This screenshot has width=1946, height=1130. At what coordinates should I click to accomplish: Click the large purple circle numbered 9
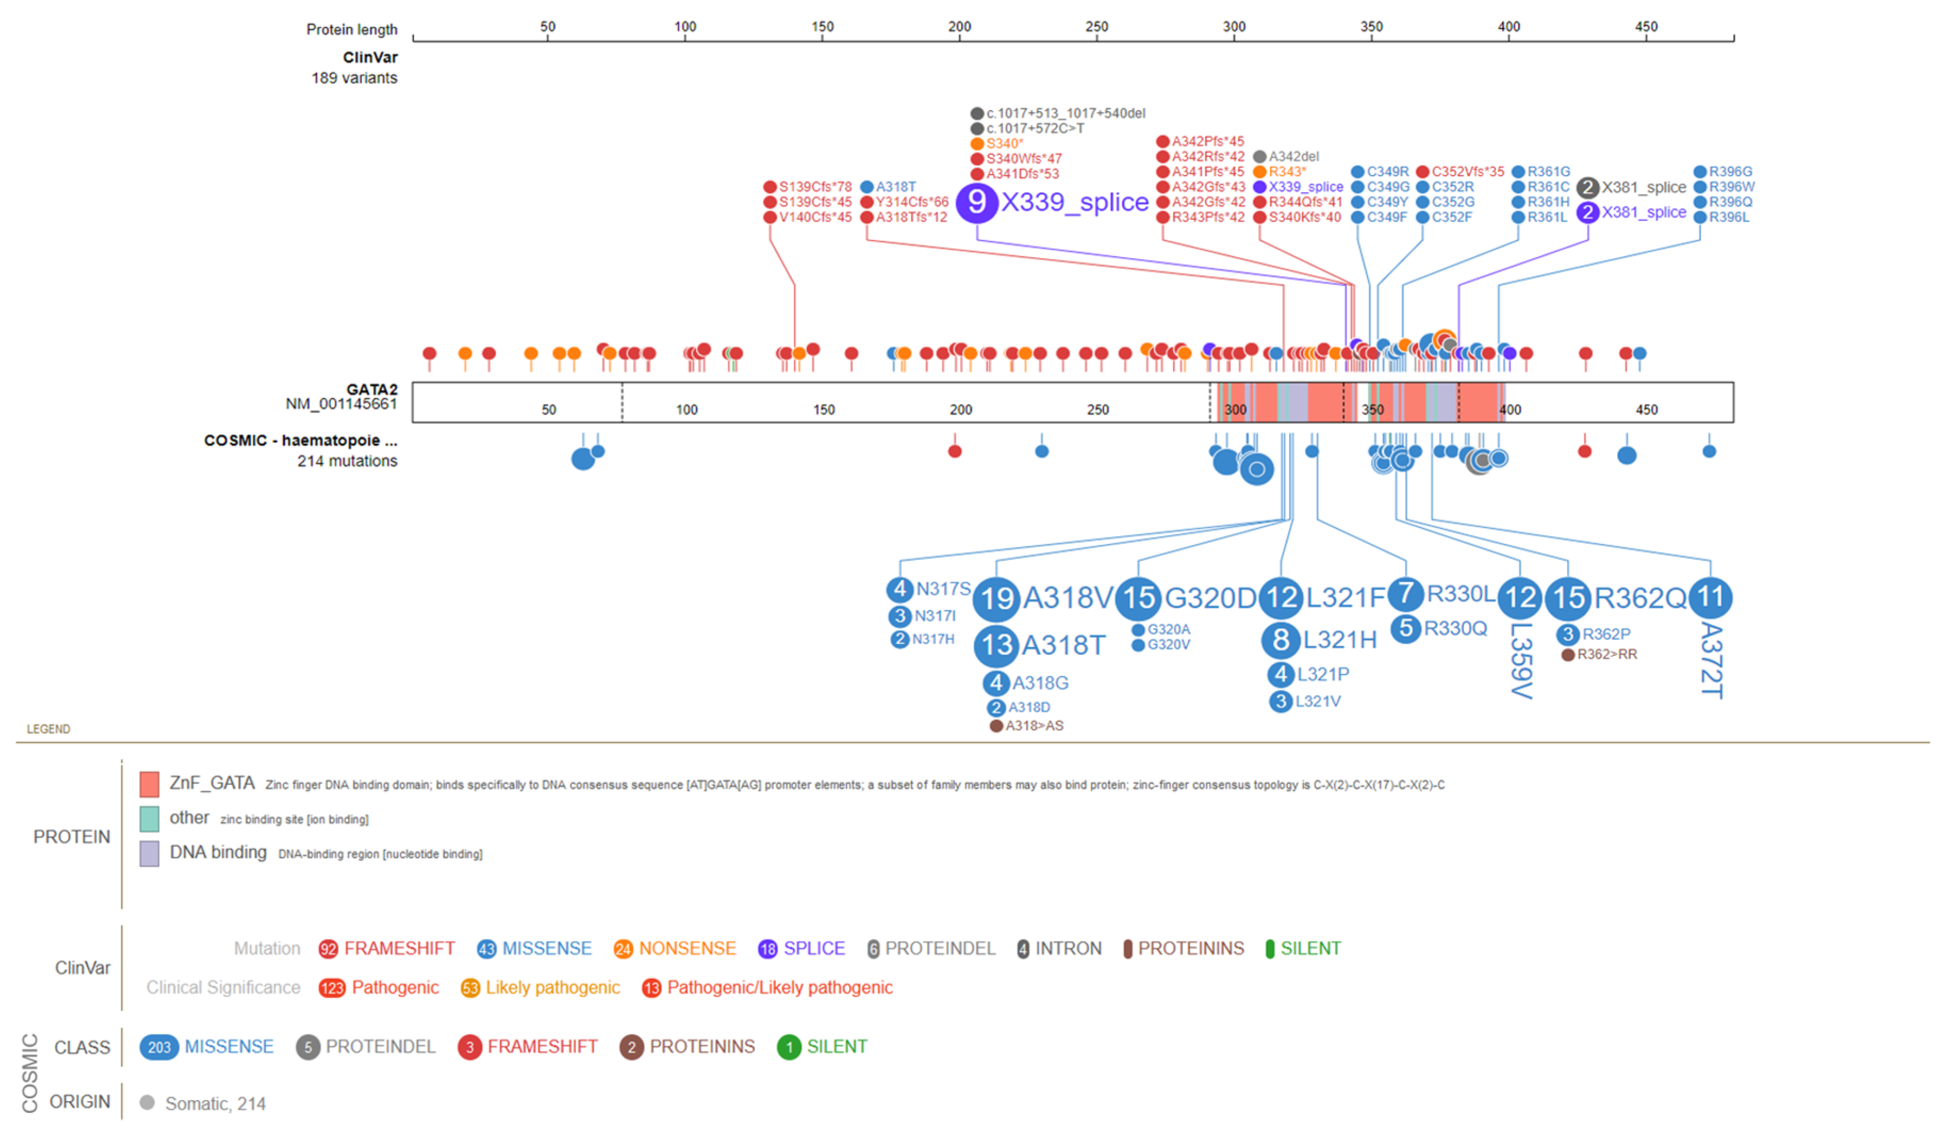pyautogui.click(x=976, y=202)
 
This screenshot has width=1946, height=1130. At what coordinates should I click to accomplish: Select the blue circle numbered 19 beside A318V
pyautogui.click(x=996, y=599)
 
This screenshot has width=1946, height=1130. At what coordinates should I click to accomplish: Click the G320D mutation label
pyautogui.click(x=1209, y=598)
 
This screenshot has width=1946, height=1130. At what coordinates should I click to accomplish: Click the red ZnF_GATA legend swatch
pyautogui.click(x=149, y=784)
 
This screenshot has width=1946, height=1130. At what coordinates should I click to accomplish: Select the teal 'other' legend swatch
pyautogui.click(x=149, y=819)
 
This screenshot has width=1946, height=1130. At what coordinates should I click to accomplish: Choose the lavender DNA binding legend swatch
pyautogui.click(x=149, y=853)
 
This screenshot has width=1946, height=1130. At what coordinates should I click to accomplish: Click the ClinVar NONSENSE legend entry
pyautogui.click(x=687, y=948)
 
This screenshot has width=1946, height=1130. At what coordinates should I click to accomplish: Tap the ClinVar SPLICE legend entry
pyautogui.click(x=813, y=948)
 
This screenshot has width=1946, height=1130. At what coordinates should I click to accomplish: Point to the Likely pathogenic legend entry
pyautogui.click(x=552, y=988)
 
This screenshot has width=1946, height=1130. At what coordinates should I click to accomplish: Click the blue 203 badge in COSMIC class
pyautogui.click(x=159, y=1047)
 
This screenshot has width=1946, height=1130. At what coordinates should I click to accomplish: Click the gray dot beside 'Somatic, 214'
pyautogui.click(x=147, y=1103)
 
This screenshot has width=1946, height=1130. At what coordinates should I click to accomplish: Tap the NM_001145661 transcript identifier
pyautogui.click(x=341, y=404)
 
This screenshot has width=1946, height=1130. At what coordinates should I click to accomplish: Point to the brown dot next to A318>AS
pyautogui.click(x=996, y=726)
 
